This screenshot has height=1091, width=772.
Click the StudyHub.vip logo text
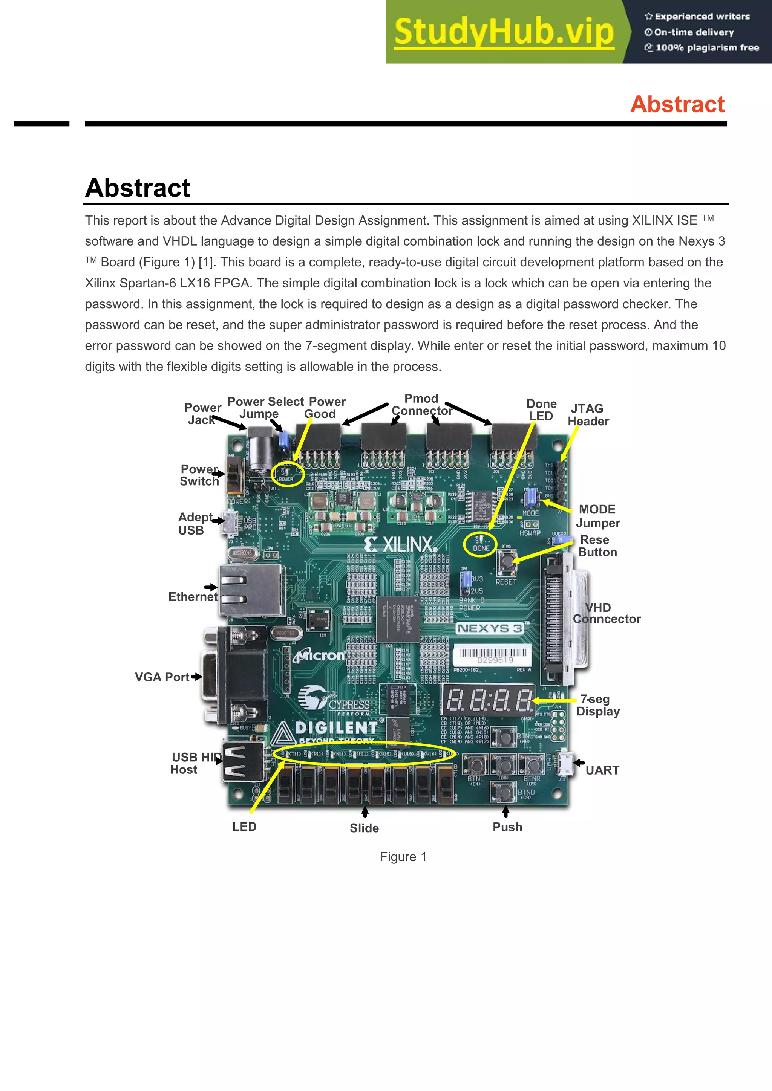(504, 32)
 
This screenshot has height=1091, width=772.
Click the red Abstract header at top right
(677, 104)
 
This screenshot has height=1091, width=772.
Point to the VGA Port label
(162, 677)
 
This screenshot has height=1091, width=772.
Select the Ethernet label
(193, 597)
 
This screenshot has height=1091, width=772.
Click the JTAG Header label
(588, 415)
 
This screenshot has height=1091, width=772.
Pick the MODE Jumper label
(597, 516)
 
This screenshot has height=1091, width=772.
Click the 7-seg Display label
(597, 705)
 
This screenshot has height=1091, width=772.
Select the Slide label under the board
(364, 828)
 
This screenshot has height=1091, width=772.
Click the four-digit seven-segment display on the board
(489, 700)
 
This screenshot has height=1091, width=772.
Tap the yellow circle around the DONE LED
(481, 544)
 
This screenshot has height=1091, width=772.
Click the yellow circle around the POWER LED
(287, 474)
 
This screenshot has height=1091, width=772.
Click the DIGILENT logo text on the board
(335, 728)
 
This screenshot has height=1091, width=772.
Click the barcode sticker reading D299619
(492, 656)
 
